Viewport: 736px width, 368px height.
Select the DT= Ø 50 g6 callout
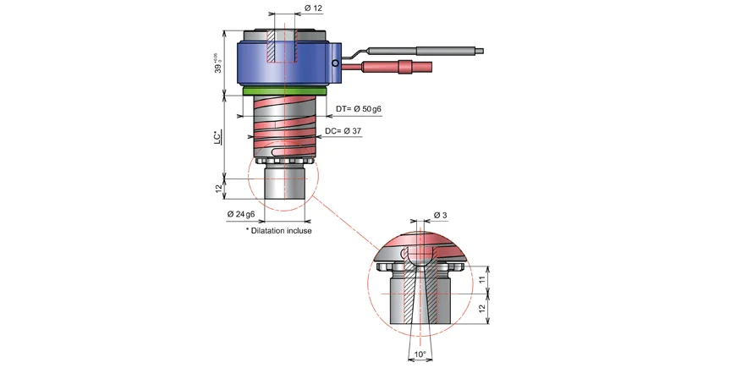tap(359, 110)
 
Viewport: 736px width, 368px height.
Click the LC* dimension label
tap(217, 135)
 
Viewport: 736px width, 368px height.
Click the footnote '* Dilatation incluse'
tap(278, 230)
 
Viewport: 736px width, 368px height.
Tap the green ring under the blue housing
tap(285, 88)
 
